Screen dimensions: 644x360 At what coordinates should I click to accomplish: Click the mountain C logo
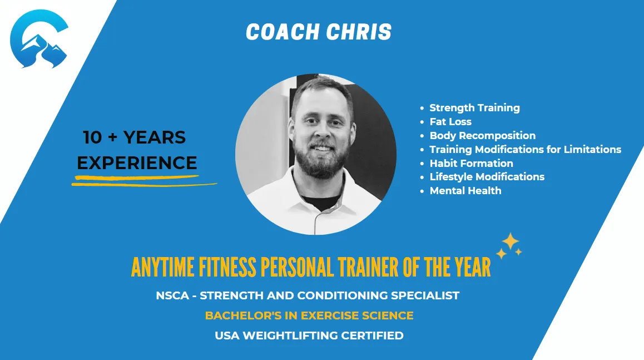[39, 38]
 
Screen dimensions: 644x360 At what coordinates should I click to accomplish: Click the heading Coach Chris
[319, 32]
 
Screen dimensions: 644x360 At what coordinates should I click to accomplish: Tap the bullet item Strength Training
[474, 108]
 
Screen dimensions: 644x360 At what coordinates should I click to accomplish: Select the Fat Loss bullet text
[450, 122]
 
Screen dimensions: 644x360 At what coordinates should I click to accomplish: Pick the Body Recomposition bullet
[483, 136]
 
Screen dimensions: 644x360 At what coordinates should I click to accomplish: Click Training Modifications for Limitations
[526, 149]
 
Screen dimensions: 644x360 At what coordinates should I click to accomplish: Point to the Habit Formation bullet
[471, 163]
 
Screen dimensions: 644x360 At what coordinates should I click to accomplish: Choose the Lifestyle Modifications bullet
[487, 177]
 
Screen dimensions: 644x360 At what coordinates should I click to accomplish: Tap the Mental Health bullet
[465, 191]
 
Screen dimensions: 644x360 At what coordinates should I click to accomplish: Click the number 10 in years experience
[92, 137]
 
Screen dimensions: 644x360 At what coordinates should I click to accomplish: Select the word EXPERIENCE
[137, 163]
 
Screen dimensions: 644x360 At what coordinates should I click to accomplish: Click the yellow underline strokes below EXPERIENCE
[143, 181]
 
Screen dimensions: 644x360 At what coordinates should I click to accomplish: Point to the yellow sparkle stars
[509, 246]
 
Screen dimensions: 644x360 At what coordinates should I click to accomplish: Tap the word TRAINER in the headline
[368, 267]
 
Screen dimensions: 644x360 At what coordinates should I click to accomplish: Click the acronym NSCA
[172, 295]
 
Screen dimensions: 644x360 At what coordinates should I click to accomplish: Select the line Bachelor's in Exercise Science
[309, 315]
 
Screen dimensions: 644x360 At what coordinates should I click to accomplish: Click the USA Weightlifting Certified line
[309, 336]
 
